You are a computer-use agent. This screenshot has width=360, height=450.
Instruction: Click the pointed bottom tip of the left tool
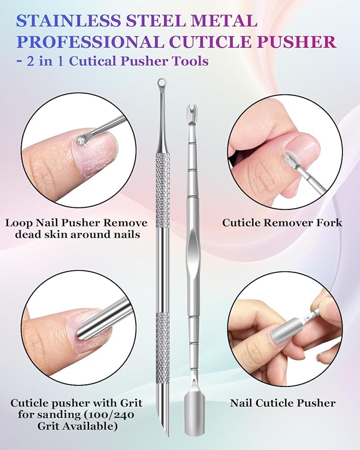(x=162, y=437)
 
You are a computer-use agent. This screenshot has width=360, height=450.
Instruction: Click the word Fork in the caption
(x=329, y=223)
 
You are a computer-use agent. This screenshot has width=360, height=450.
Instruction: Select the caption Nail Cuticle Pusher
(x=283, y=403)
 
